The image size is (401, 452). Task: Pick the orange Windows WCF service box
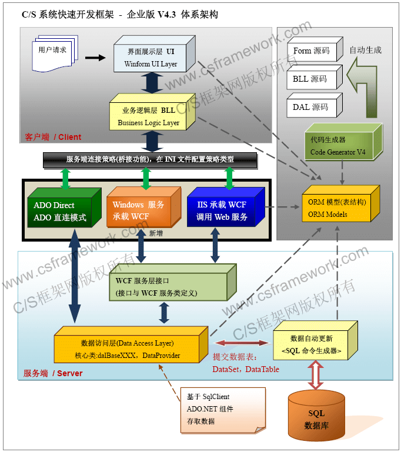[138, 212]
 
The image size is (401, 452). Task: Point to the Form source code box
[311, 51]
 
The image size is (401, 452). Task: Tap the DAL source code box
[310, 108]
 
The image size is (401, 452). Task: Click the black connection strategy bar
[150, 159]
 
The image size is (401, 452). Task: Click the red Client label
[53, 137]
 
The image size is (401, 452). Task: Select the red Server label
[53, 373]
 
